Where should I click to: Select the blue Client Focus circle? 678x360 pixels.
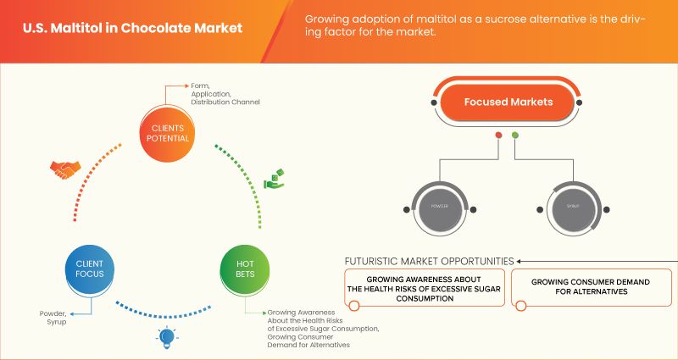pos(83,269)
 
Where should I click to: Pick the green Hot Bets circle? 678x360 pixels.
pos(244,269)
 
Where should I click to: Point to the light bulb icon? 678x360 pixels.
pos(164,338)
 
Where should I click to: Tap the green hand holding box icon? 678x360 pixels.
pos(275,179)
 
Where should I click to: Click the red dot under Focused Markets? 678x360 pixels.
pos(499,136)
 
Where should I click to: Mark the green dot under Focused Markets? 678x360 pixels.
pos(515,136)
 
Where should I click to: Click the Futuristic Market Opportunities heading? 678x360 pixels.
pos(428,260)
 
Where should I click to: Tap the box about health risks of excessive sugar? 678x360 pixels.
pos(424,289)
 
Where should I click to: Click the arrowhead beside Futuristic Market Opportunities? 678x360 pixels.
pos(520,260)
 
